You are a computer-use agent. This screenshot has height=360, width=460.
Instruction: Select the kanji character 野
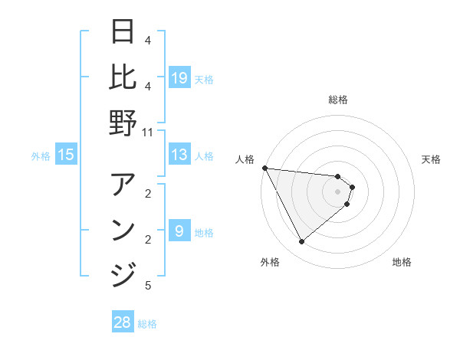click(123, 123)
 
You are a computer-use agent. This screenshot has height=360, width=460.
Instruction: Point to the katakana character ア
click(123, 185)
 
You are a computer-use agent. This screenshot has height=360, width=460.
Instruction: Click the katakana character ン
click(123, 230)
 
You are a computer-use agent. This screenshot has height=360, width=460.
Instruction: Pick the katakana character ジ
click(123, 274)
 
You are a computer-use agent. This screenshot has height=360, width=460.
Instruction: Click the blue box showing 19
click(179, 77)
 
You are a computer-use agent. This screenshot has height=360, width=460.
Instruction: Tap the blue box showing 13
click(179, 155)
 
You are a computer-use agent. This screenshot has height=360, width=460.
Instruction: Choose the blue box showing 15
click(66, 155)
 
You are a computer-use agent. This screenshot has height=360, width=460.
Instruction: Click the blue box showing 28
click(123, 322)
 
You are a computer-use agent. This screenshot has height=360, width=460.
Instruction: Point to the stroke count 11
click(148, 132)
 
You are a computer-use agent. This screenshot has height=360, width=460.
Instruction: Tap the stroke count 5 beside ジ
click(148, 286)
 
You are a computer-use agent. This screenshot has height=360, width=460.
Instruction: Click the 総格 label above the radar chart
click(338, 100)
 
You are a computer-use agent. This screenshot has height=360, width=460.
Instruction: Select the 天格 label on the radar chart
click(432, 159)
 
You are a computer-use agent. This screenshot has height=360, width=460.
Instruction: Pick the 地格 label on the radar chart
click(402, 262)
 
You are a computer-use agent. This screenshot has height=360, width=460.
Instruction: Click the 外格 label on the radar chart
click(270, 262)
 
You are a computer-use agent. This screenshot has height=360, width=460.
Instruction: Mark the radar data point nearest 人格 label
click(264, 168)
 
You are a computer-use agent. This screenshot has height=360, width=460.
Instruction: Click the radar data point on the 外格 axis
click(301, 242)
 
